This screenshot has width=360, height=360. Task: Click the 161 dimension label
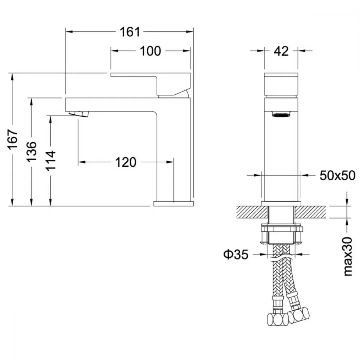click(130, 32)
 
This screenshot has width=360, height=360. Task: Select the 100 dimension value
click(150, 51)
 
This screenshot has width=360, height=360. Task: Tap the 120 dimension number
click(126, 162)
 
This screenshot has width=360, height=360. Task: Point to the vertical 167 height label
click(13, 139)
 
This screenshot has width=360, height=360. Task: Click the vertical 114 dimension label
click(51, 161)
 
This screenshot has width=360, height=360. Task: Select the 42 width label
click(281, 51)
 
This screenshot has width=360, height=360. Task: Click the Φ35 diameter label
click(236, 254)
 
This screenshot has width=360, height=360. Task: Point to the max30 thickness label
click(348, 256)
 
